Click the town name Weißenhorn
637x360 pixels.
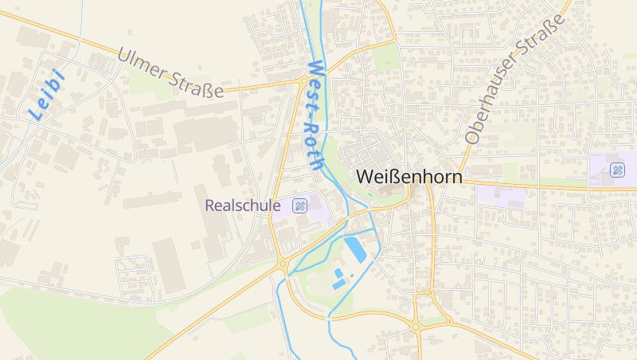pos(410,176)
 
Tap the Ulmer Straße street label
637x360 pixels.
pos(170,73)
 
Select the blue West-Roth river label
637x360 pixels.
pos(315,116)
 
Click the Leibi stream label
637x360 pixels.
pos(46,95)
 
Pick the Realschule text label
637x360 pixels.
pos(243,205)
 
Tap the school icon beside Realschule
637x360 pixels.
pos(299,205)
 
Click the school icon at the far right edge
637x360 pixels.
pos(617,170)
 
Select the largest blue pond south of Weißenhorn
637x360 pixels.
pos(355,249)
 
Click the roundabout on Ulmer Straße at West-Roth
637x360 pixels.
pos(303,80)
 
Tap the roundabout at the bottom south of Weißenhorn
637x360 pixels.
pos(415,326)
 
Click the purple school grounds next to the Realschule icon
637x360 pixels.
pos(318,209)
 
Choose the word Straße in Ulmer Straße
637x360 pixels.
pos(196,83)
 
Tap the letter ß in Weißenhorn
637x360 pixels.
pos(396,176)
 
